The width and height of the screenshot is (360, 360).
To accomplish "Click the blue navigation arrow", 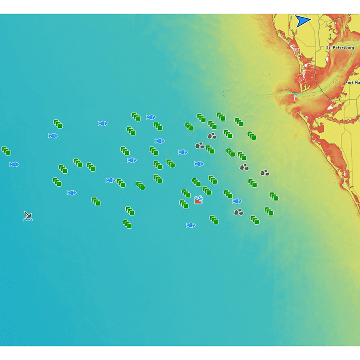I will (302, 21).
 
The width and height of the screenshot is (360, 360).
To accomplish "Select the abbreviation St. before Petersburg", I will (328, 48).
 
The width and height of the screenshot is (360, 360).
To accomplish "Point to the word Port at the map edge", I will (349, 82).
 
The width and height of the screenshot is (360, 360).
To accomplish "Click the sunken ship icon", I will (28, 216).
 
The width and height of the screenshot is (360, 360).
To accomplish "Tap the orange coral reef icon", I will (198, 200).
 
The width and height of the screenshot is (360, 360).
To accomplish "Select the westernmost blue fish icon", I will (14, 164).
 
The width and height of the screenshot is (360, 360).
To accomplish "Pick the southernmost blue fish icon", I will (190, 225).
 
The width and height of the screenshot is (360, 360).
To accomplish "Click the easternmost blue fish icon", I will (237, 201).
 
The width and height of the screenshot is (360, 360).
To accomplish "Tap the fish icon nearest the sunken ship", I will (72, 192).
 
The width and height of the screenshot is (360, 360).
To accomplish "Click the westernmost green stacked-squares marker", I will (6, 150).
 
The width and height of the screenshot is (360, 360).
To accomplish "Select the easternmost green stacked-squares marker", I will (274, 196).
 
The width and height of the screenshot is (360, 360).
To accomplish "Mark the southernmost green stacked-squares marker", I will (127, 224).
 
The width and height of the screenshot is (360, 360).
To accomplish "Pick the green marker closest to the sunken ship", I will (96, 201).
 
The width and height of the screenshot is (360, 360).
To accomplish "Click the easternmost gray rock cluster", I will (265, 173).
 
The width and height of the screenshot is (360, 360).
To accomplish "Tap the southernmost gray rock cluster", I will (238, 212).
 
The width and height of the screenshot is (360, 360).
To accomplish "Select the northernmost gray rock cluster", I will (212, 136).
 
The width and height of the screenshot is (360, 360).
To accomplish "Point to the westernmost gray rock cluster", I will (200, 145).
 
